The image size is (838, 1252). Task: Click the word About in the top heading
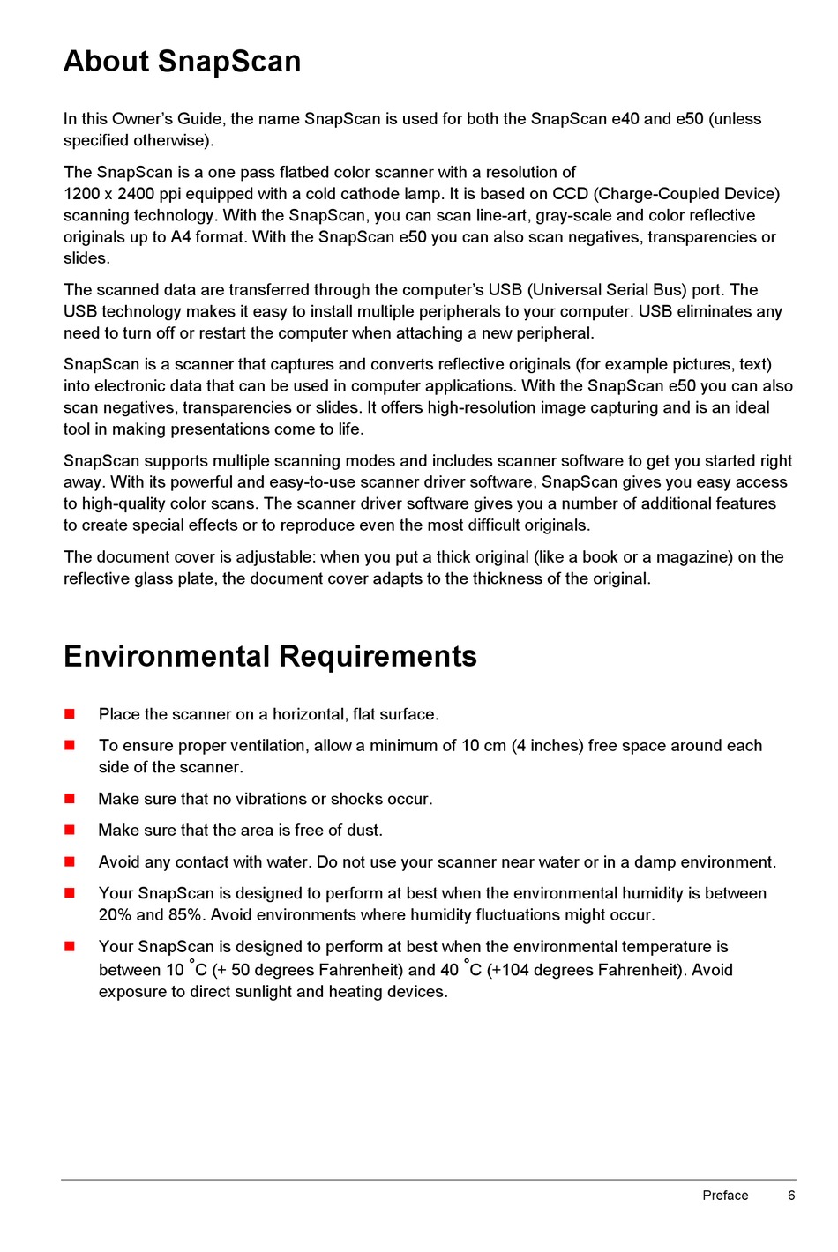pyautogui.click(x=106, y=62)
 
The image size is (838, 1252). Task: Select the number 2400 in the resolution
pyautogui.click(x=136, y=194)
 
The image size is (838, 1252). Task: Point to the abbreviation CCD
pyautogui.click(x=571, y=194)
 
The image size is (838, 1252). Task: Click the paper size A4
pyautogui.click(x=180, y=237)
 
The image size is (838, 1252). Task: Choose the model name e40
pyautogui.click(x=625, y=119)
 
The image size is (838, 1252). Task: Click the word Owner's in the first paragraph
pyautogui.click(x=143, y=119)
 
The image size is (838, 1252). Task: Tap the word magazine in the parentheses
pyautogui.click(x=685, y=557)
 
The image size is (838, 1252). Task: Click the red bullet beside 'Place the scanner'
pyautogui.click(x=70, y=714)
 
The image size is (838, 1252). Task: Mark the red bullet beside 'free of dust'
pyautogui.click(x=70, y=830)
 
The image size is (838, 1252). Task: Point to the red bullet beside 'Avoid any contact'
pyautogui.click(x=70, y=861)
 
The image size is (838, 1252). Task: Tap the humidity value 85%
pyautogui.click(x=185, y=915)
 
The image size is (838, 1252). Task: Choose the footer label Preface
pyautogui.click(x=725, y=1196)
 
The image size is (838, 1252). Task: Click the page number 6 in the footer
pyautogui.click(x=791, y=1196)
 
